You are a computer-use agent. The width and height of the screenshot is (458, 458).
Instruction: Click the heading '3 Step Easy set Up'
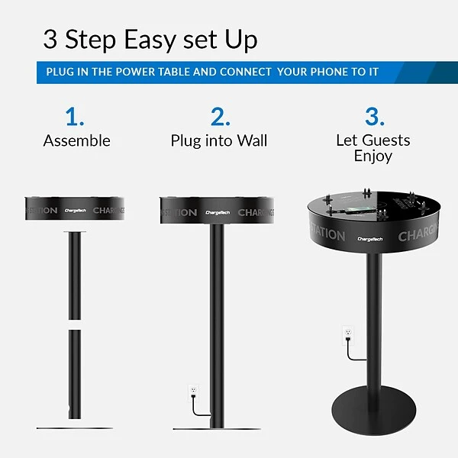(x=150, y=39)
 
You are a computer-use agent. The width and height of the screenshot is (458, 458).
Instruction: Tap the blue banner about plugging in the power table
(x=228, y=73)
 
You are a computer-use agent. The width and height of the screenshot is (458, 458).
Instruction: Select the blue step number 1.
(x=75, y=117)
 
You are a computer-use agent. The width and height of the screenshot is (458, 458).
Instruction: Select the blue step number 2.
(x=220, y=117)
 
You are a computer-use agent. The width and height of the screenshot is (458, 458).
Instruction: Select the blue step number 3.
(x=373, y=117)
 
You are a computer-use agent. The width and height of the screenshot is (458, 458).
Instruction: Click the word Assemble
(x=76, y=141)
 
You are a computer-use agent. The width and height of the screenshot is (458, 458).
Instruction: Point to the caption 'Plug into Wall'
(x=219, y=141)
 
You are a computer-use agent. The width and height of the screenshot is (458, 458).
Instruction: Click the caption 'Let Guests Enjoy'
(x=373, y=148)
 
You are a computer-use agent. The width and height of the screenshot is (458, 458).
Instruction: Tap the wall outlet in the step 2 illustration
(x=194, y=391)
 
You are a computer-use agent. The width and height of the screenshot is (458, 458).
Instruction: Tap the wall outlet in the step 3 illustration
(x=348, y=334)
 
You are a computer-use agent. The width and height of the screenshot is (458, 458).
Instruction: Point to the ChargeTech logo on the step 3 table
(x=371, y=239)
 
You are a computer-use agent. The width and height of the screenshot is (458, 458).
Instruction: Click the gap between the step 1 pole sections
(x=74, y=324)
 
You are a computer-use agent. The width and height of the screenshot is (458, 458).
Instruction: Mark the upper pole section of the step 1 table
(x=74, y=275)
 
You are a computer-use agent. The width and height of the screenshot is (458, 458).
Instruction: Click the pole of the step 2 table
(x=218, y=321)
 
